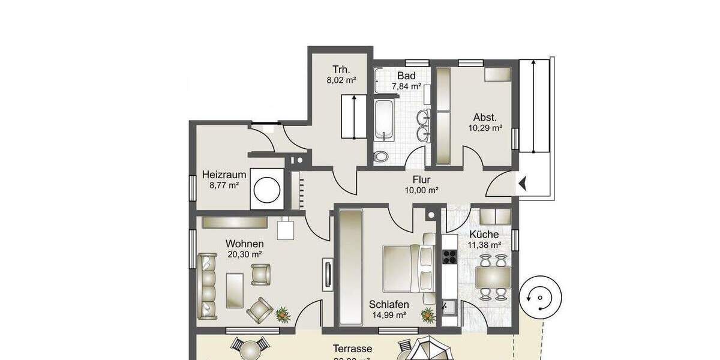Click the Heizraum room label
click(224, 175)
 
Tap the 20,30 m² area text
click(244, 254)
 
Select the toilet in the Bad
click(380, 157)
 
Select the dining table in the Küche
click(493, 278)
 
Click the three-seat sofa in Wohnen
click(208, 285)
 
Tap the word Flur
click(422, 179)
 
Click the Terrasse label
click(352, 349)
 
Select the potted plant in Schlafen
click(428, 314)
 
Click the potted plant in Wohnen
click(281, 314)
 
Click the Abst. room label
click(485, 117)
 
